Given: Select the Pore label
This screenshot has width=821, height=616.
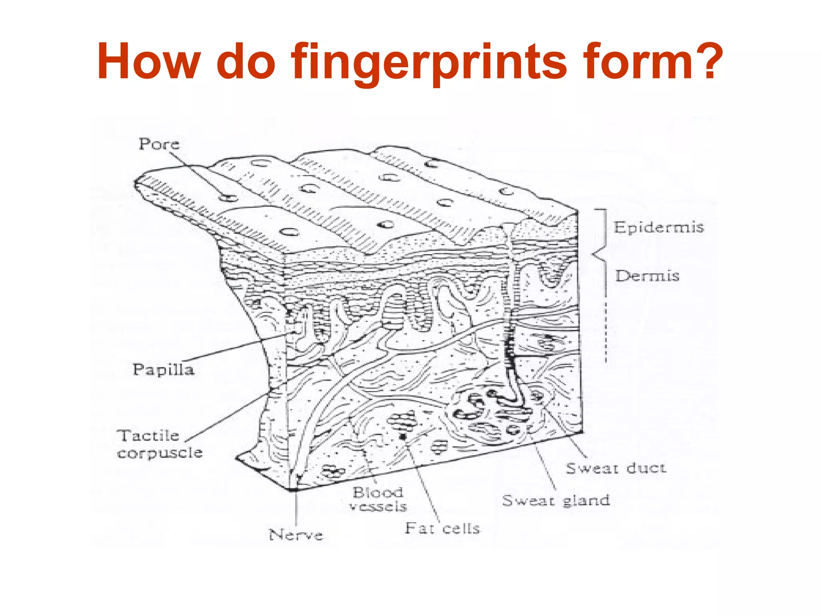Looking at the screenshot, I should (x=159, y=144).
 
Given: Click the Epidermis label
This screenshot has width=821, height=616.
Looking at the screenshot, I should (x=659, y=227).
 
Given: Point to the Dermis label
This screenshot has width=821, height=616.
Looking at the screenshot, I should (x=647, y=276).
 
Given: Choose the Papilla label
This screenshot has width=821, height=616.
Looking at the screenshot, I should (x=163, y=369).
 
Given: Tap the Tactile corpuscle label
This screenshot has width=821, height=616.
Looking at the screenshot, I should (x=159, y=444).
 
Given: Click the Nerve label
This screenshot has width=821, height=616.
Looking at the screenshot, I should (x=296, y=535).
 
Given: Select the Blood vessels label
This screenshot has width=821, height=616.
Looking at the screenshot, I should (x=378, y=499).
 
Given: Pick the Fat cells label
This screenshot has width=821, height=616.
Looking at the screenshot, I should (x=442, y=529).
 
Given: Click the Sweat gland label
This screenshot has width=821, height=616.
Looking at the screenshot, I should (x=556, y=500).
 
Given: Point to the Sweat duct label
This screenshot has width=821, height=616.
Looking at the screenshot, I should (x=616, y=468).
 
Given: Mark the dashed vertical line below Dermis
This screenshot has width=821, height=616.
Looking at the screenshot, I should (x=606, y=333).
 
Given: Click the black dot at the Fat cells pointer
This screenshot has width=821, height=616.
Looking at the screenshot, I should (x=403, y=436).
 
